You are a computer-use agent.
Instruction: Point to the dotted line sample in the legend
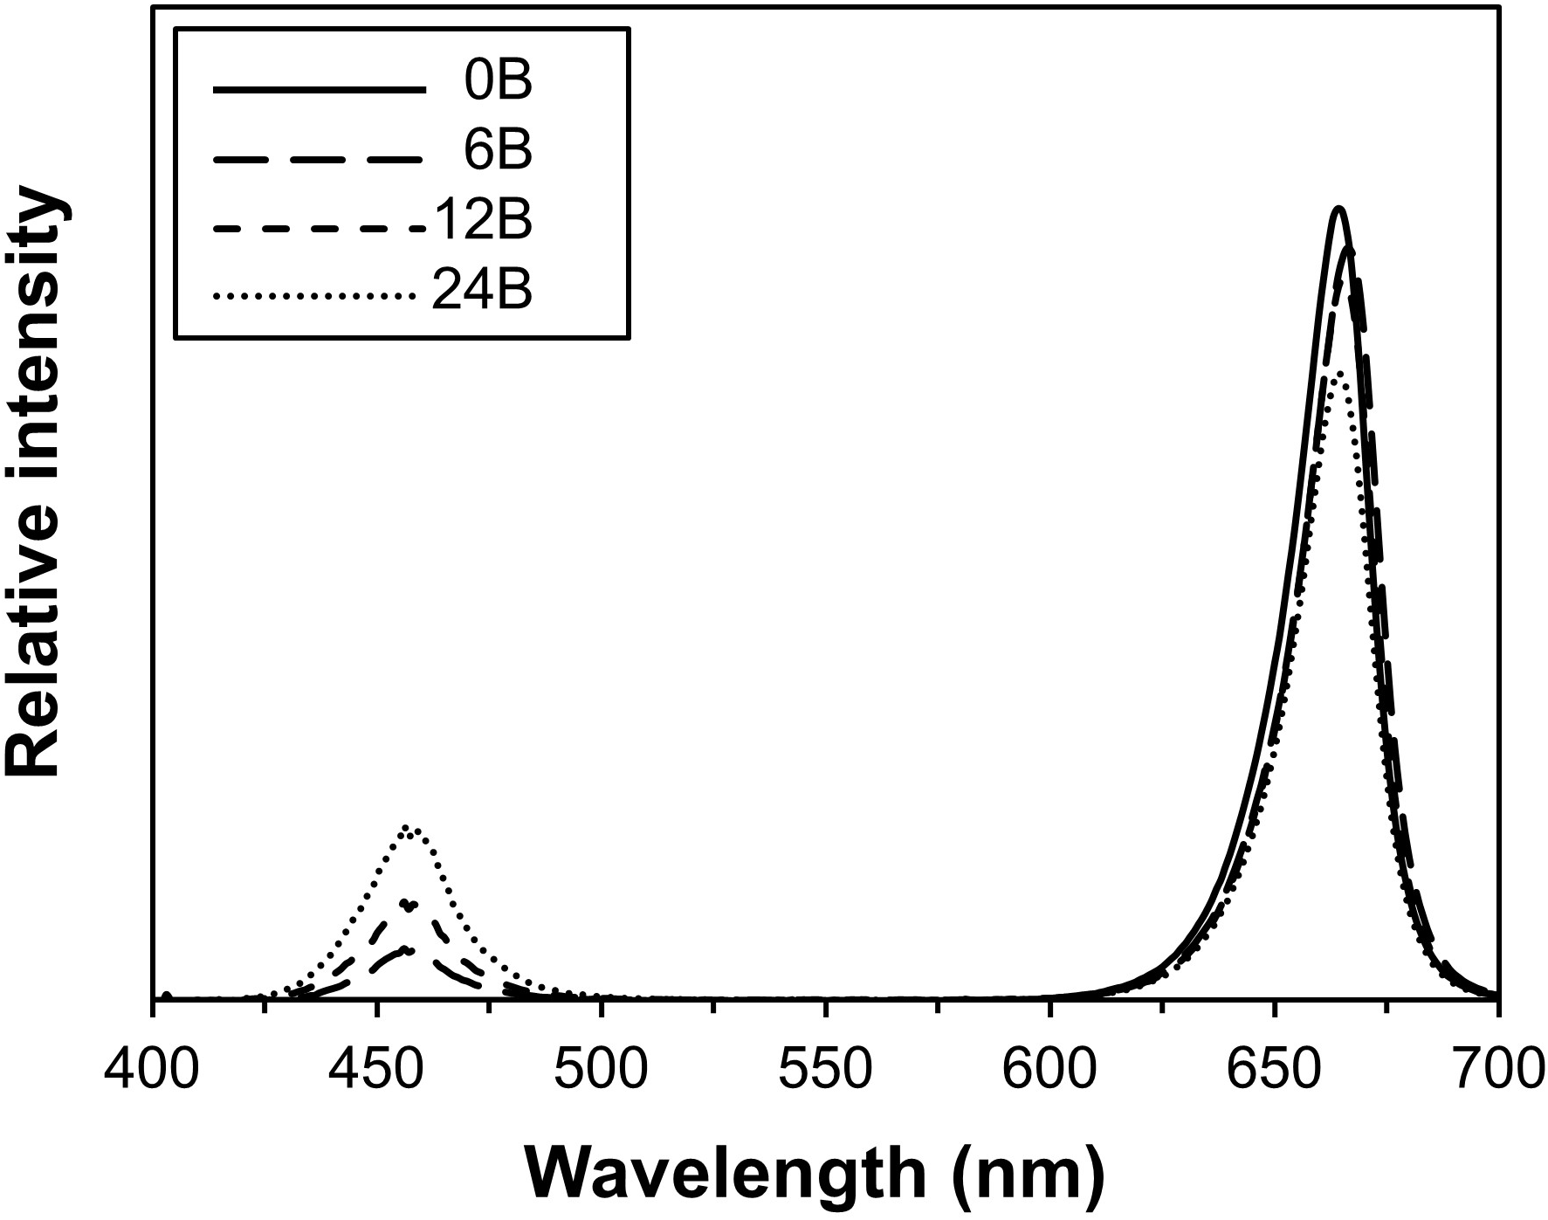[x=313, y=297]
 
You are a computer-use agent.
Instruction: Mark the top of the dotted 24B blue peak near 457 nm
[x=410, y=827]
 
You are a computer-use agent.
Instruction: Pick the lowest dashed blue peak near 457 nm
[x=407, y=949]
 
